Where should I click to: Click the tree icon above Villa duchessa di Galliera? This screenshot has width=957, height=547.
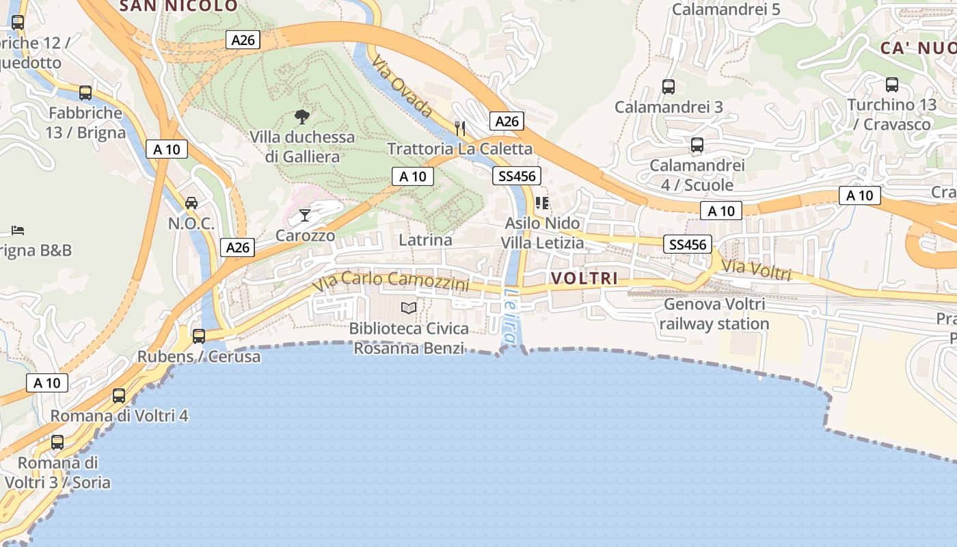click(x=301, y=117)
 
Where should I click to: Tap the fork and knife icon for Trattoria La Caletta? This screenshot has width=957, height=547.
click(x=460, y=128)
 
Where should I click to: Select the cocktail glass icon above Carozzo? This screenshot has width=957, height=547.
click(x=305, y=216)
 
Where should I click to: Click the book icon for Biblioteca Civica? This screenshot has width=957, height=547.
click(x=409, y=308)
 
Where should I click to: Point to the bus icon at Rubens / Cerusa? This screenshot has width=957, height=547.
click(x=199, y=336)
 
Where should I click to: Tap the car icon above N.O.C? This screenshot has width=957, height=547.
click(x=191, y=203)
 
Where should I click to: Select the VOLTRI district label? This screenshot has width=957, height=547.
click(x=584, y=278)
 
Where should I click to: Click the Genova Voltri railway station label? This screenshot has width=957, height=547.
click(x=714, y=314)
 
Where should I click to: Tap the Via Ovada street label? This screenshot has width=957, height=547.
click(x=403, y=86)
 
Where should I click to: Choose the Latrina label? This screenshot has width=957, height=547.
click(x=425, y=240)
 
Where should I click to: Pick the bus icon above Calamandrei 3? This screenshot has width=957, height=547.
click(x=669, y=87)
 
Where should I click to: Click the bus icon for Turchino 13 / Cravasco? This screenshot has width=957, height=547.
click(x=892, y=85)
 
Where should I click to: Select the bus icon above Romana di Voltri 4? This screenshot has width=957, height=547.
click(x=119, y=396)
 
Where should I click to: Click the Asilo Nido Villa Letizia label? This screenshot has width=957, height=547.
click(x=542, y=233)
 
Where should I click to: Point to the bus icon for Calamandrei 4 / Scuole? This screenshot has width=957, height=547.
click(x=697, y=145)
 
